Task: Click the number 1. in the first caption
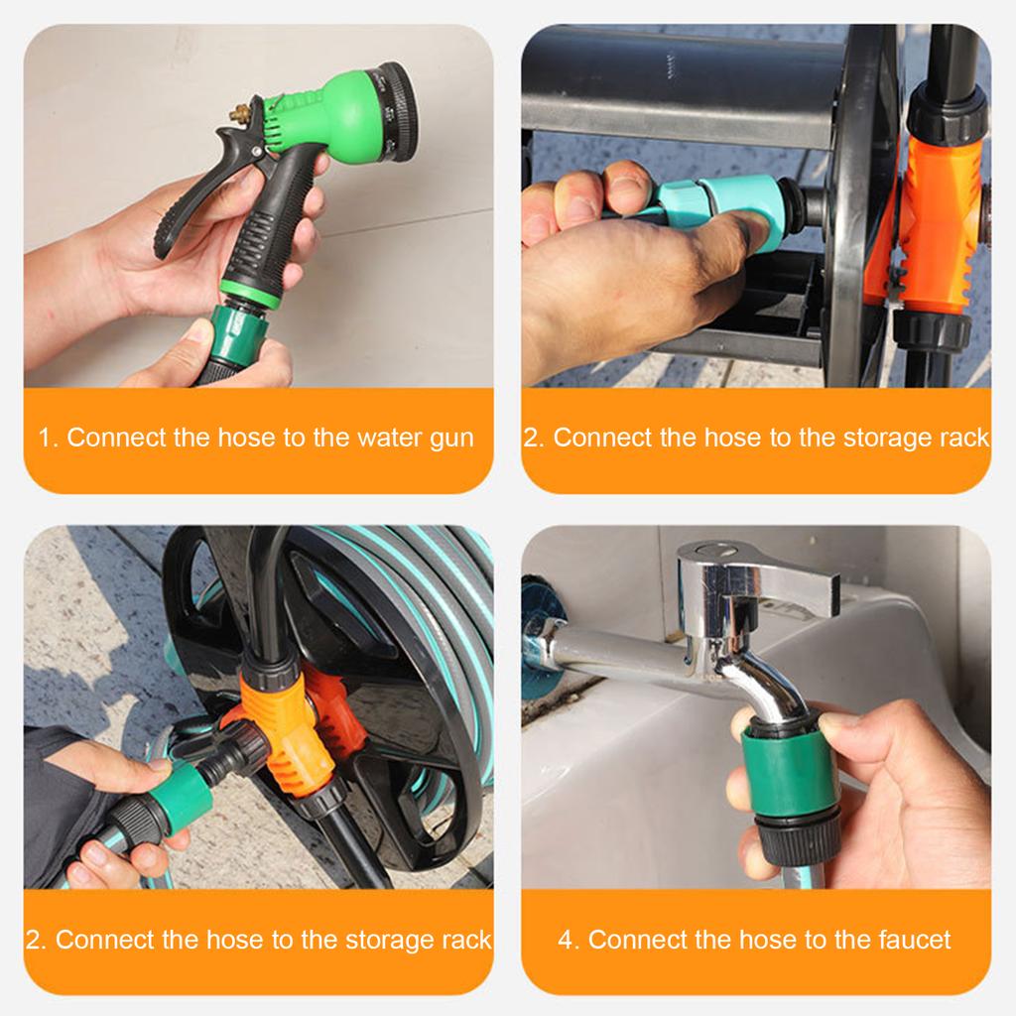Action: tap(49, 438)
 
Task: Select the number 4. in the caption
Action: tap(569, 940)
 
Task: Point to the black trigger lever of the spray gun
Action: tap(198, 198)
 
